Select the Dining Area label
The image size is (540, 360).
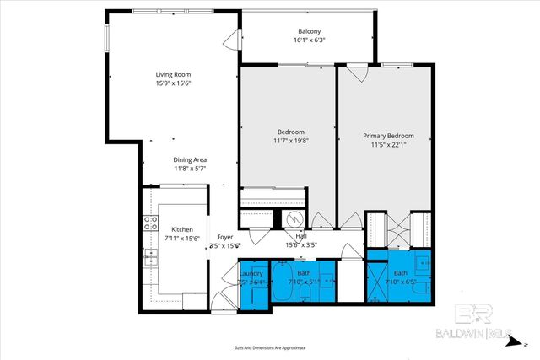[x=190, y=159]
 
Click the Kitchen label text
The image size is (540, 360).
[x=183, y=229]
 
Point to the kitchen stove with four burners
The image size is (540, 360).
[x=151, y=223]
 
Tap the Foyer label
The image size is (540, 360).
[x=224, y=237]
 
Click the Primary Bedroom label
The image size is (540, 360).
[x=388, y=136]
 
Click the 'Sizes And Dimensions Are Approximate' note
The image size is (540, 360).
[x=269, y=347]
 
